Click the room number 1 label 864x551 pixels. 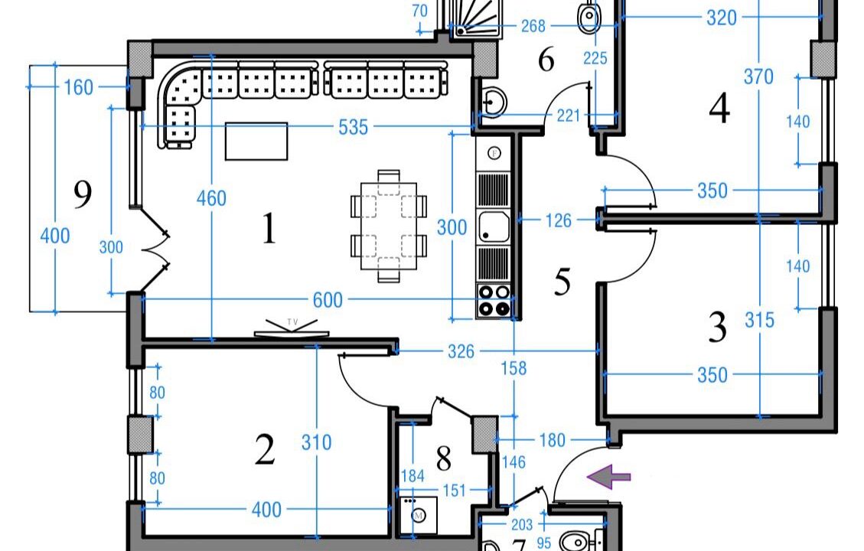click(268, 229)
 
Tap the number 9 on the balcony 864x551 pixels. click(82, 194)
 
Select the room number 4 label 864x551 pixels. click(719, 109)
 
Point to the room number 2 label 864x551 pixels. click(265, 450)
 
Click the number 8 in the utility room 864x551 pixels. click(443, 459)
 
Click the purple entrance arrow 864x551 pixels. click(609, 477)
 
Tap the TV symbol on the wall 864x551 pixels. click(292, 328)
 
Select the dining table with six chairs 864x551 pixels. click(388, 227)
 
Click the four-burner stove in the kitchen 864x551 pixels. click(494, 300)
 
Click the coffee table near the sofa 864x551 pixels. click(256, 141)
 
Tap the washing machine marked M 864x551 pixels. click(419, 515)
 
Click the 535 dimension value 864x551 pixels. click(353, 127)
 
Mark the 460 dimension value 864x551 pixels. click(211, 198)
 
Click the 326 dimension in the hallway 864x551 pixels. click(461, 351)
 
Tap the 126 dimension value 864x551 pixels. click(559, 220)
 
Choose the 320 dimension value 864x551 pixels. click(721, 18)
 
